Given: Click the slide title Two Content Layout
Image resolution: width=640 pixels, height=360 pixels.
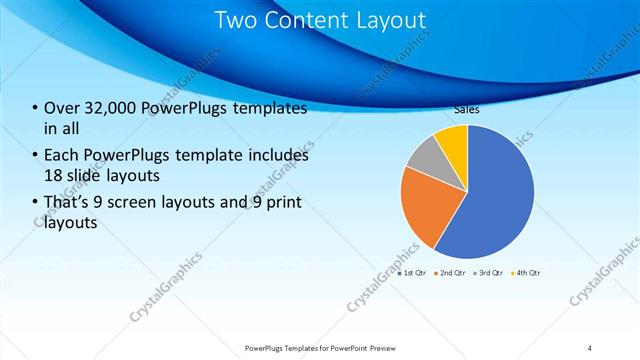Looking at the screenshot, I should pyautogui.click(x=320, y=20).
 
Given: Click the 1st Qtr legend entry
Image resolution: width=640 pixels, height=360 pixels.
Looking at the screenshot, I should pyautogui.click(x=413, y=272).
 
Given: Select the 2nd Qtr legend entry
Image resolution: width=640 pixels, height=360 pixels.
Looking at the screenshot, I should pyautogui.click(x=450, y=272).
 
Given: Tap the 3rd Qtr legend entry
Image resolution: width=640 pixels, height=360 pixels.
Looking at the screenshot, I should pyautogui.click(x=488, y=272).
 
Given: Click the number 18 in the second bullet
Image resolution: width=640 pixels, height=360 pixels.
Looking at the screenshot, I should pyautogui.click(x=53, y=175).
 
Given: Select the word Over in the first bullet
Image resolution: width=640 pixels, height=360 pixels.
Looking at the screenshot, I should pyautogui.click(x=60, y=109).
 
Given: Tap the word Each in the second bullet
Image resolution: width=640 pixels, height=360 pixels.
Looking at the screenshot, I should pyautogui.click(x=61, y=155).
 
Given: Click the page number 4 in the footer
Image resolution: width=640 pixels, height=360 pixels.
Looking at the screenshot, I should pyautogui.click(x=590, y=348).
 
